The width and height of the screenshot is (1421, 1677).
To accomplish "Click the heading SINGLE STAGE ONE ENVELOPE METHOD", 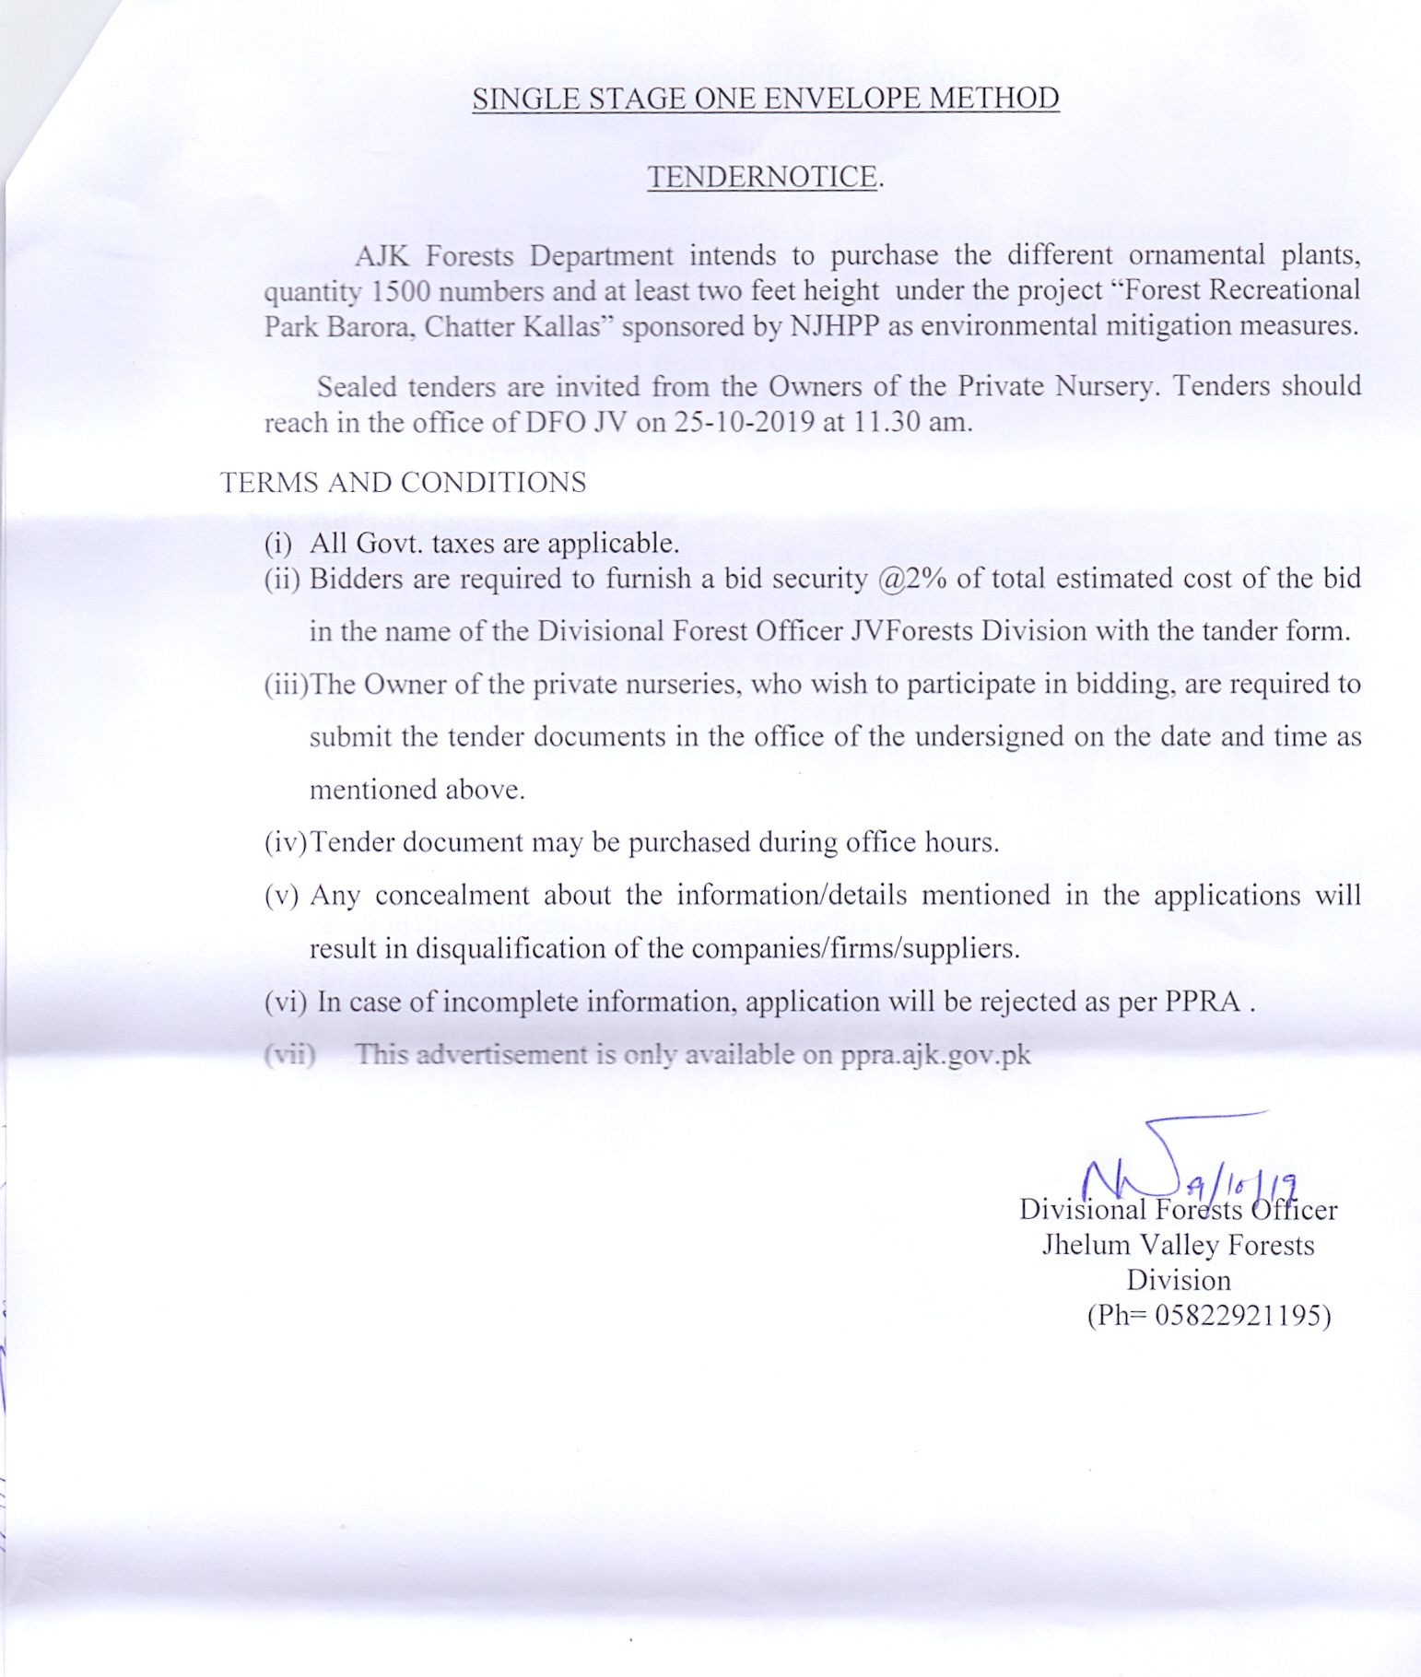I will tap(765, 99).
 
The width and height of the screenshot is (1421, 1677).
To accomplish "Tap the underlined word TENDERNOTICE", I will tap(763, 177).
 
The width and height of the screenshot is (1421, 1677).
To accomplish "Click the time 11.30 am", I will tap(913, 422).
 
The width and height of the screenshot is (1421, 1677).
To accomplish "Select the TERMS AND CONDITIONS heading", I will tap(403, 482).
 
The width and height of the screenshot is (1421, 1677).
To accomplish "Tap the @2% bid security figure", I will tap(912, 579).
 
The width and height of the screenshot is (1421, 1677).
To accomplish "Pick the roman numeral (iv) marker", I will tap(286, 842).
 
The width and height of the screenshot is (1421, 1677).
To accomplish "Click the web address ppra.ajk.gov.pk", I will tap(934, 1054).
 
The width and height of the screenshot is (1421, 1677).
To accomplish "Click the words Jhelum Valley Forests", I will tap(1178, 1245).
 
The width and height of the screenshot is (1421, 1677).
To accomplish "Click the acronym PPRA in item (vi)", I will tap(1202, 1002).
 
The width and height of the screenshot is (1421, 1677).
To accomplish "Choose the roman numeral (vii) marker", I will tap(289, 1054).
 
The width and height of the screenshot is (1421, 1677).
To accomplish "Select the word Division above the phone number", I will tap(1178, 1280).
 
